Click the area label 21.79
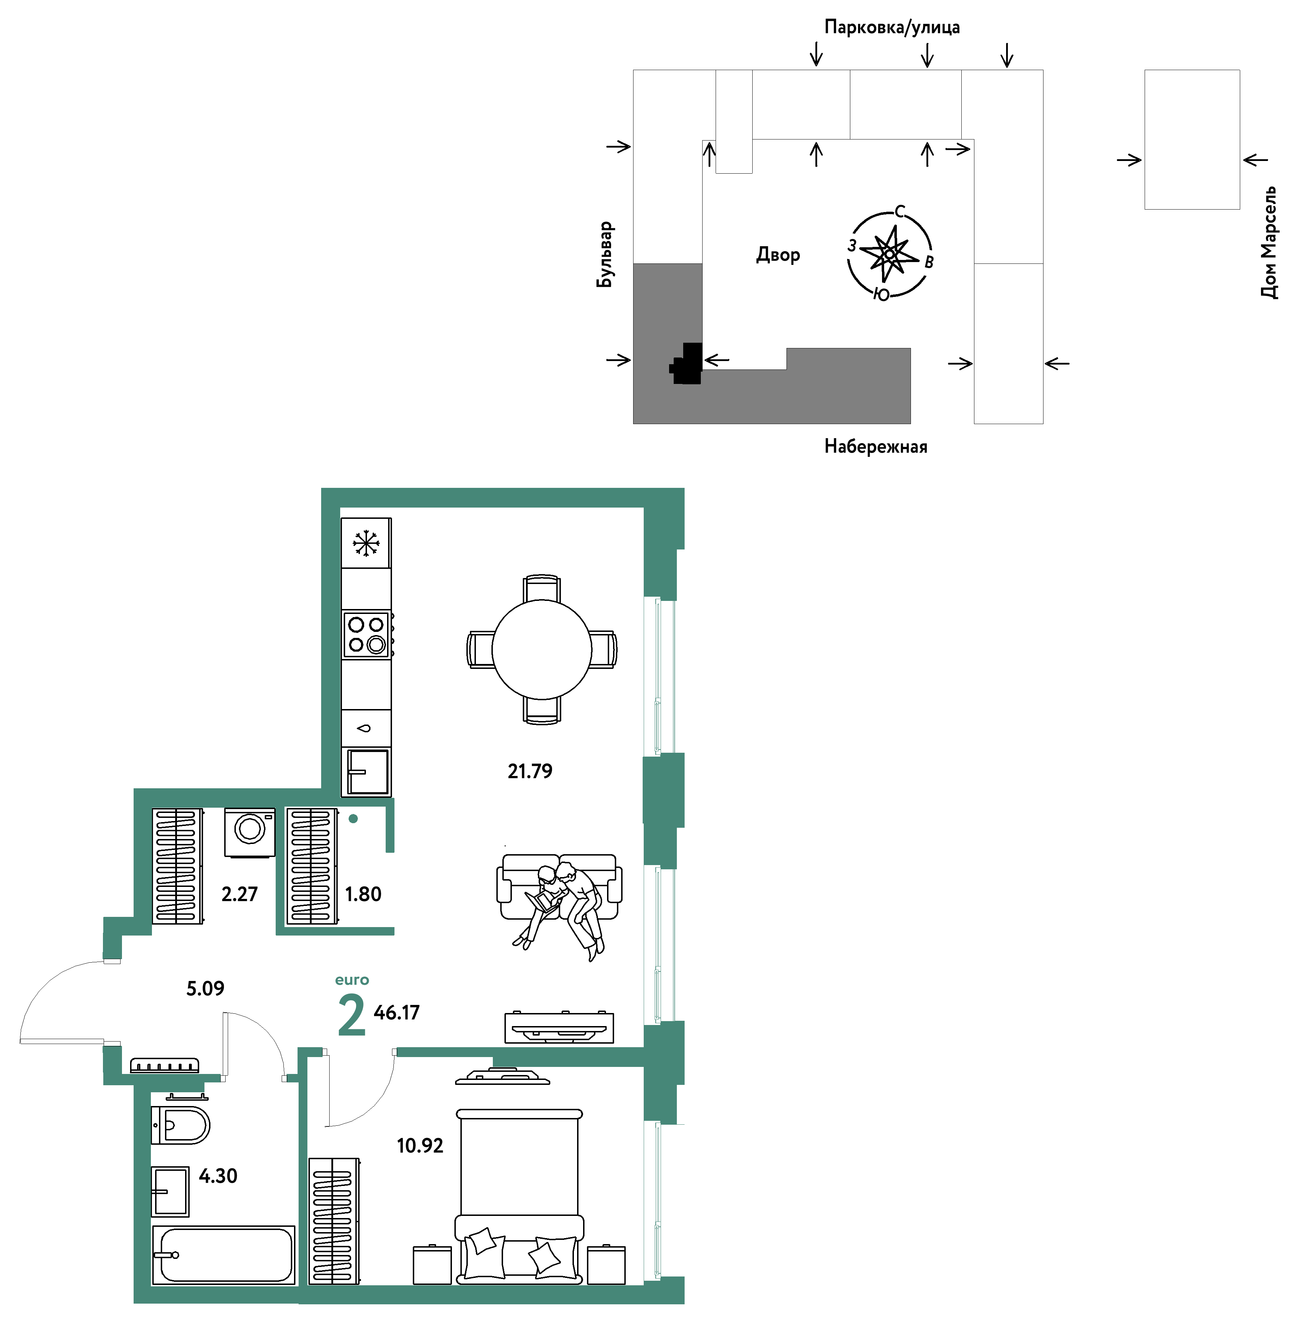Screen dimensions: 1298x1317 tap(530, 771)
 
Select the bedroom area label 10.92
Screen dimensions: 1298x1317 tap(420, 1145)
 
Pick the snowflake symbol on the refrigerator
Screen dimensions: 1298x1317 tap(366, 543)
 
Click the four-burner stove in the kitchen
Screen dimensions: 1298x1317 tap(367, 634)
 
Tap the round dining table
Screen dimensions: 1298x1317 tap(542, 649)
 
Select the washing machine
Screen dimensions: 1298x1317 tap(250, 832)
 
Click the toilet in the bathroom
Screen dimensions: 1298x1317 tap(180, 1125)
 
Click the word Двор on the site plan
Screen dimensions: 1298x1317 tap(778, 255)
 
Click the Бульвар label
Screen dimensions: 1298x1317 tap(605, 254)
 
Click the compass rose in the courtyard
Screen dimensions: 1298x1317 tap(889, 254)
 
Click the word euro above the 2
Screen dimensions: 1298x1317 tap(352, 980)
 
